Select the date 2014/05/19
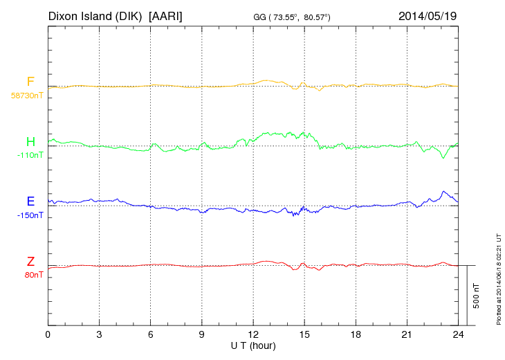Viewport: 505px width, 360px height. [x=427, y=15]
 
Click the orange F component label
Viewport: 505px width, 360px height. [x=30, y=82]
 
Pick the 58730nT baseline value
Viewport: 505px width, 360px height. [x=26, y=96]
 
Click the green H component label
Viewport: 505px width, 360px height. [x=30, y=142]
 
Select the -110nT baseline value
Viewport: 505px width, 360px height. [x=30, y=155]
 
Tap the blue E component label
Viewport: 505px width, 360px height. [x=30, y=201]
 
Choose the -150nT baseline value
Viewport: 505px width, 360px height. [x=30, y=215]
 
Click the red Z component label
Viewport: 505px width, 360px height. [x=30, y=262]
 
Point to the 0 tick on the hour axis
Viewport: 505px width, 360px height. [x=48, y=334]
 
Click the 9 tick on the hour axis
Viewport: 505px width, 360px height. [x=202, y=334]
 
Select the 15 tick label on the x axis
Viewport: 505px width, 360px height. [x=304, y=334]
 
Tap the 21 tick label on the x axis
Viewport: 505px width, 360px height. [x=407, y=334]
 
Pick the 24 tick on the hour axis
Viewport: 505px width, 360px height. [x=458, y=334]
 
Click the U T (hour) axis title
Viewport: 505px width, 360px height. [x=253, y=345]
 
